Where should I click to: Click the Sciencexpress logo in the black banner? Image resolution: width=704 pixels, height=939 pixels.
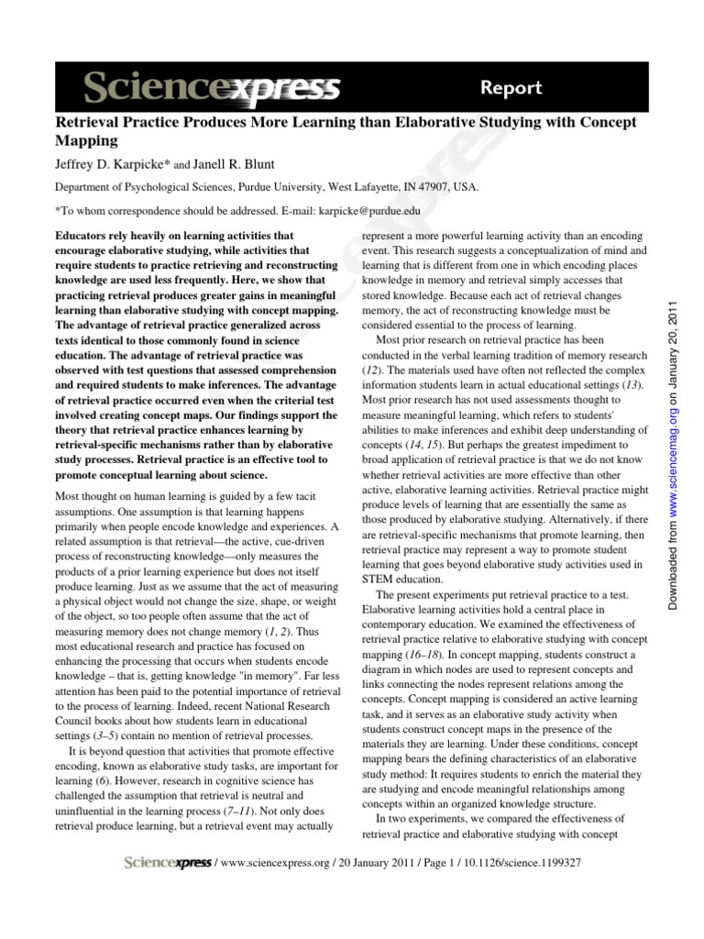(212, 89)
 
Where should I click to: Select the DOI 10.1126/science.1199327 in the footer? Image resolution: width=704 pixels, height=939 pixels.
(512, 863)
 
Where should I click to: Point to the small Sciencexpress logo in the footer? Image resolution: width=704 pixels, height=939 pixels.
(167, 863)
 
